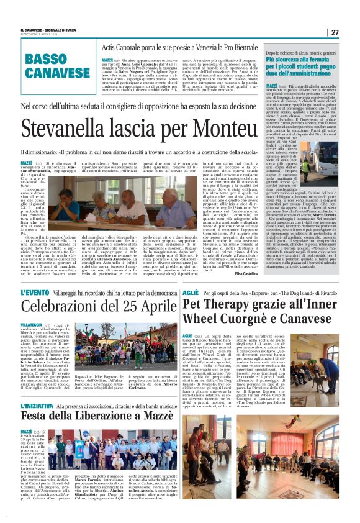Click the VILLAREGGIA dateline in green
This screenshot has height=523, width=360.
click(x=30, y=324)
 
